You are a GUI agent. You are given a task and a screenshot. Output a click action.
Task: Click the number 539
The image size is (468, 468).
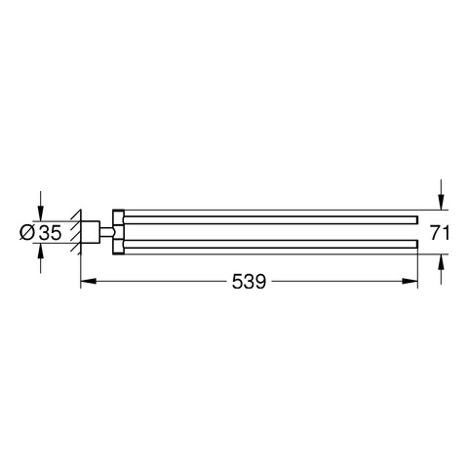pos(249,281)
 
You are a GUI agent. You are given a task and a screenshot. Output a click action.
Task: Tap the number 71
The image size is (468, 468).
pos(440,233)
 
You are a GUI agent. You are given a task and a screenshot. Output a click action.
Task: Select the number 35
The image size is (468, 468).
pos(50,233)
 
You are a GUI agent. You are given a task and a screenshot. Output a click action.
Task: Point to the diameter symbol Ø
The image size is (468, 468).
pos(27,233)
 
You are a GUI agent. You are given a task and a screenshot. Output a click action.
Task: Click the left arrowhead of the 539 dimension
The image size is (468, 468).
pos(89,281)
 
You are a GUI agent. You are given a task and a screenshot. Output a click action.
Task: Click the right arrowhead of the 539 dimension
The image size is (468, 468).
pos(409,281)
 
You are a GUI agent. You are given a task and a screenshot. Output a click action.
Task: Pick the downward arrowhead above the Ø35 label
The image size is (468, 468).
pos(40,214)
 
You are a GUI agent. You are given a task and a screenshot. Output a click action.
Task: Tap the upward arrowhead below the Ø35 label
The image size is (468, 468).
pos(40,251)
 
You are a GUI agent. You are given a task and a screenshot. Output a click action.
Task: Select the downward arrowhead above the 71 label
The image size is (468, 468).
pos(441,202)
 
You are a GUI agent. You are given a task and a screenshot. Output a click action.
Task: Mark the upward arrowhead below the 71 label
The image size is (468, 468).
pos(441,262)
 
